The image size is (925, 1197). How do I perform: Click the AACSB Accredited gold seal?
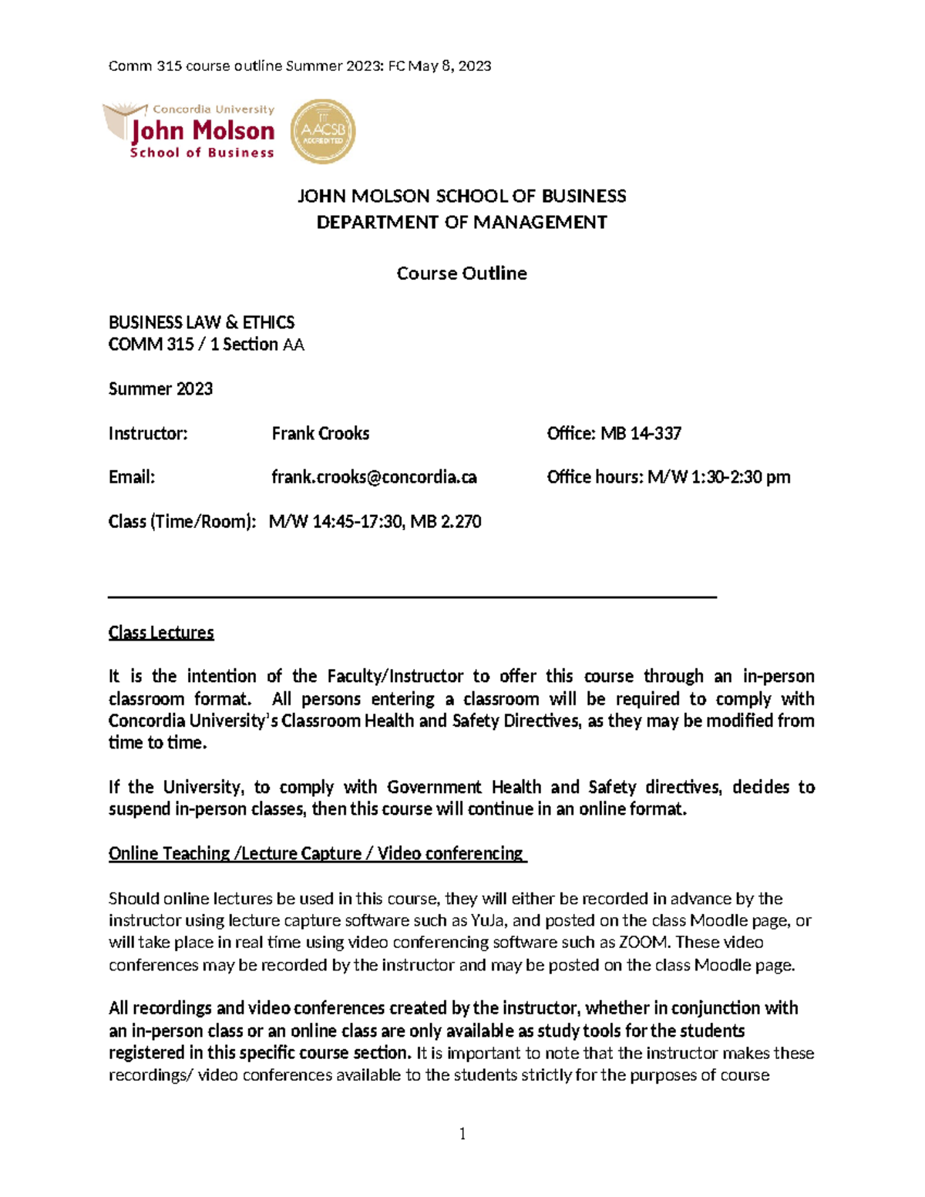pyautogui.click(x=322, y=131)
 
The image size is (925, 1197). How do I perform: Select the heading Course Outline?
pyautogui.click(x=462, y=274)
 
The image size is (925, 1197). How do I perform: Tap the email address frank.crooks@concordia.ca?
pyautogui.click(x=374, y=477)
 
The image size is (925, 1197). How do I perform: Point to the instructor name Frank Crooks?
pyautogui.click(x=321, y=433)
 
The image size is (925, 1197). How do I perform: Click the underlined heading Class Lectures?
pyautogui.click(x=161, y=633)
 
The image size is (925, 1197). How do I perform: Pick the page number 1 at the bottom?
pyautogui.click(x=462, y=1133)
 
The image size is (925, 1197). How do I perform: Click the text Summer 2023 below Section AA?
pyautogui.click(x=160, y=388)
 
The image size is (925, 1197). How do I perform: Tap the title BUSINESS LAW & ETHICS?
pyautogui.click(x=201, y=322)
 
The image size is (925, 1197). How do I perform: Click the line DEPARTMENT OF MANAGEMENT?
pyautogui.click(x=462, y=223)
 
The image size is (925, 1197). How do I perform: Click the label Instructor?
pyautogui.click(x=148, y=433)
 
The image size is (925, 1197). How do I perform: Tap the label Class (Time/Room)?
pyautogui.click(x=182, y=522)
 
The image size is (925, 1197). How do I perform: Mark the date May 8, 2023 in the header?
pyautogui.click(x=449, y=66)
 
